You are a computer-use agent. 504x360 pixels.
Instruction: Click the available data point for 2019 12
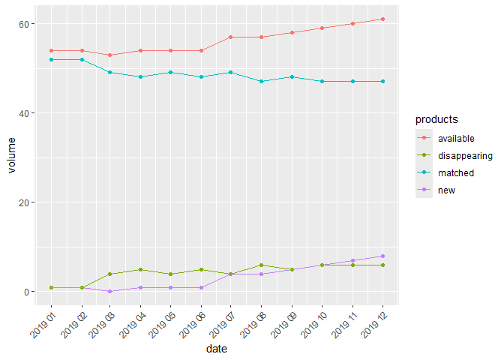382,19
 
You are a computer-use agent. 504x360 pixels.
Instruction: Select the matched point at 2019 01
51,59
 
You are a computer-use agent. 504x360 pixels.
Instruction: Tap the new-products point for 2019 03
111,292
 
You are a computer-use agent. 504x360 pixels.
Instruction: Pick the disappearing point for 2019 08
262,265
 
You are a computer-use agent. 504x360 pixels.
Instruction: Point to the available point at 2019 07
232,37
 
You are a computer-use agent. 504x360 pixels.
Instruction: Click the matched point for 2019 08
262,81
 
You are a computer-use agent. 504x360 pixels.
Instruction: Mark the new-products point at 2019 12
382,256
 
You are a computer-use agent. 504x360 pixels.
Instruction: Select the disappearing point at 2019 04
141,270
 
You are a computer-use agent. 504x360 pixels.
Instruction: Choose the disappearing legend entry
465,155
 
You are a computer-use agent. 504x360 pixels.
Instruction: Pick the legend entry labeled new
447,190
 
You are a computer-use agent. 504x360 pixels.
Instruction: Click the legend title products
437,119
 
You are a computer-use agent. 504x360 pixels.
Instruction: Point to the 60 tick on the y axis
25,24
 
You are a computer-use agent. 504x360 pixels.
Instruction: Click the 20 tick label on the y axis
25,202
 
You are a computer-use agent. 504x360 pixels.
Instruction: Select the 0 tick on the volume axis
28,292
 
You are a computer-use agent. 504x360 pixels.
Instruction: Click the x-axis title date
217,349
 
